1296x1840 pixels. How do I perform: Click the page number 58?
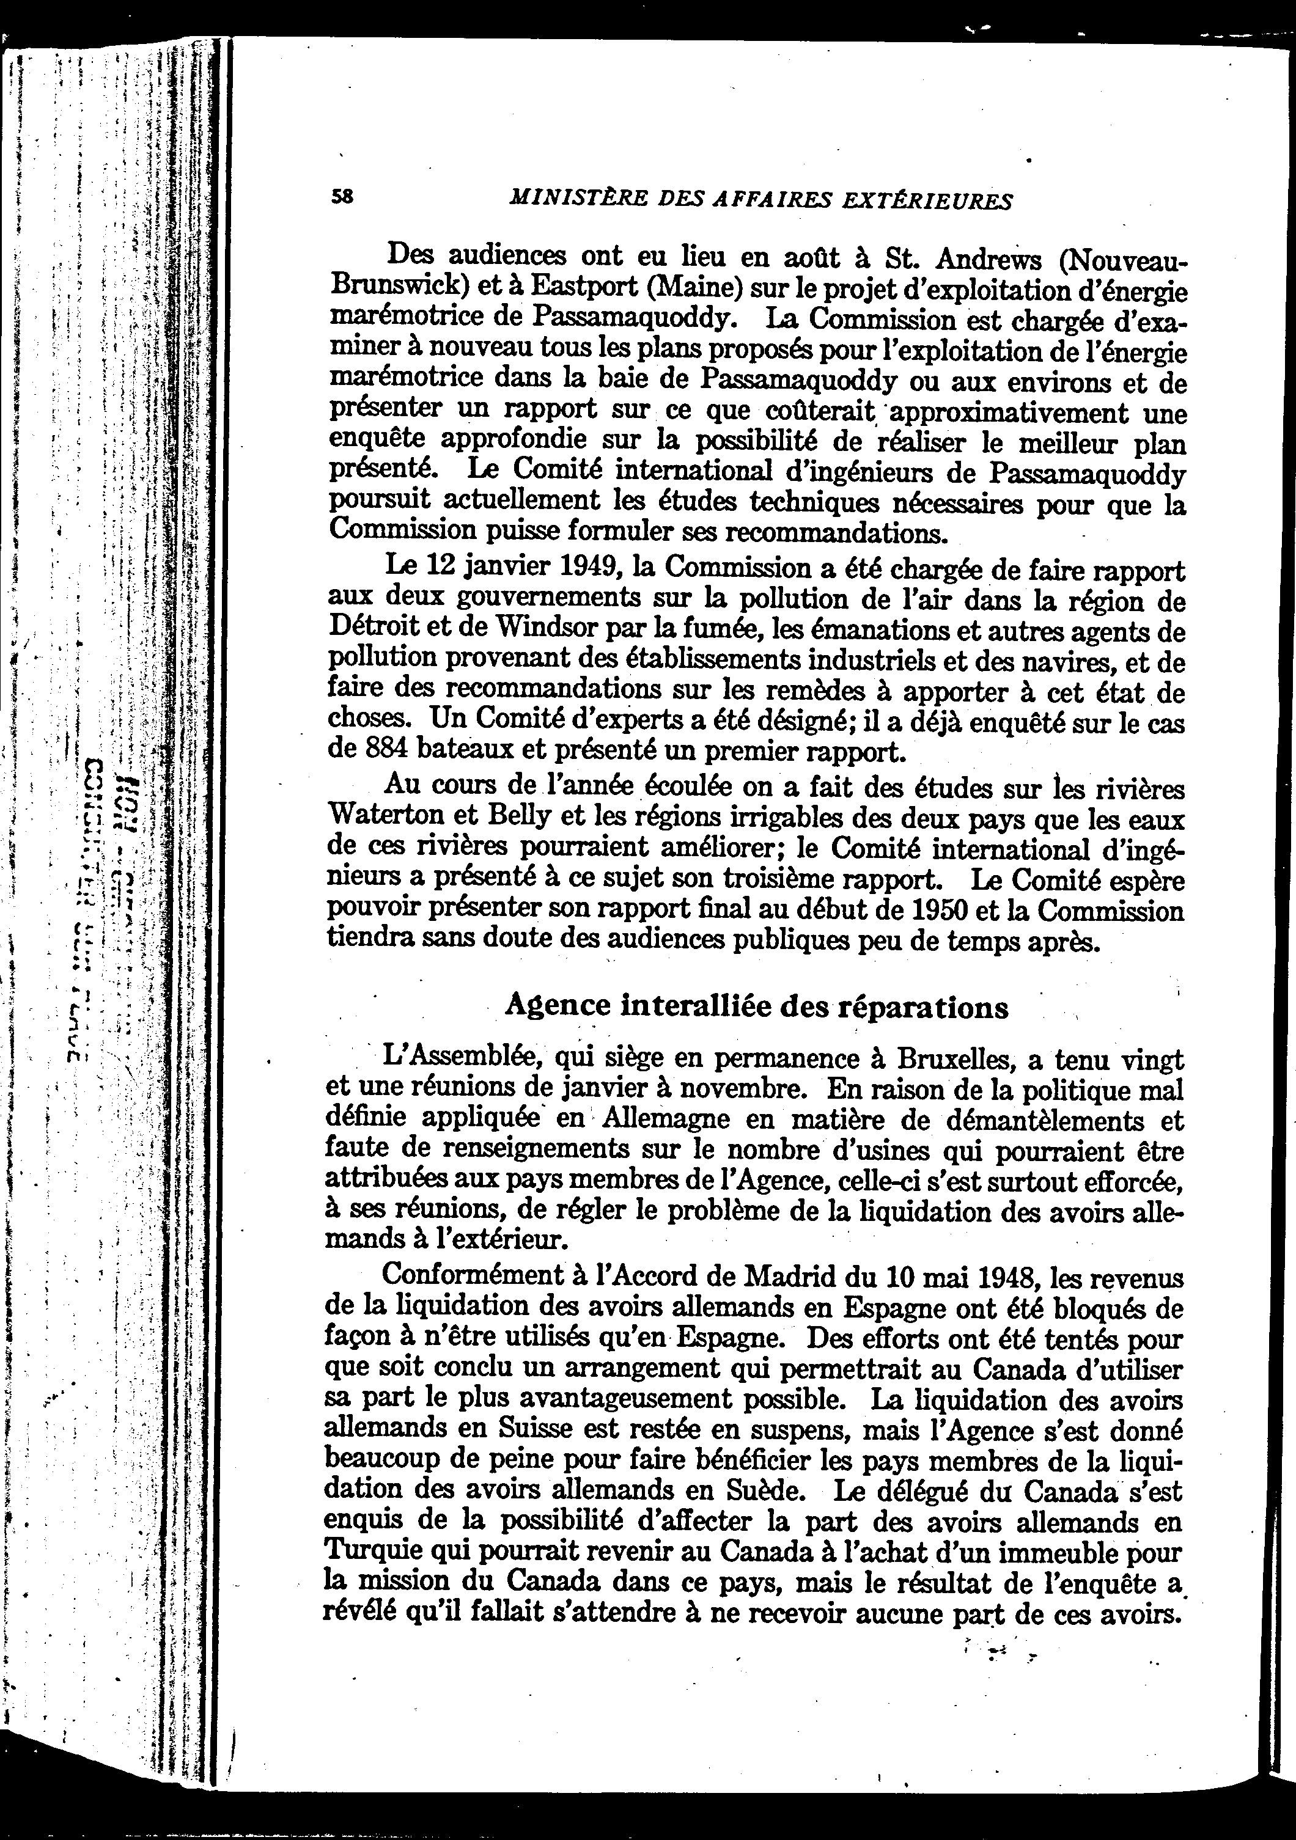pos(342,196)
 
